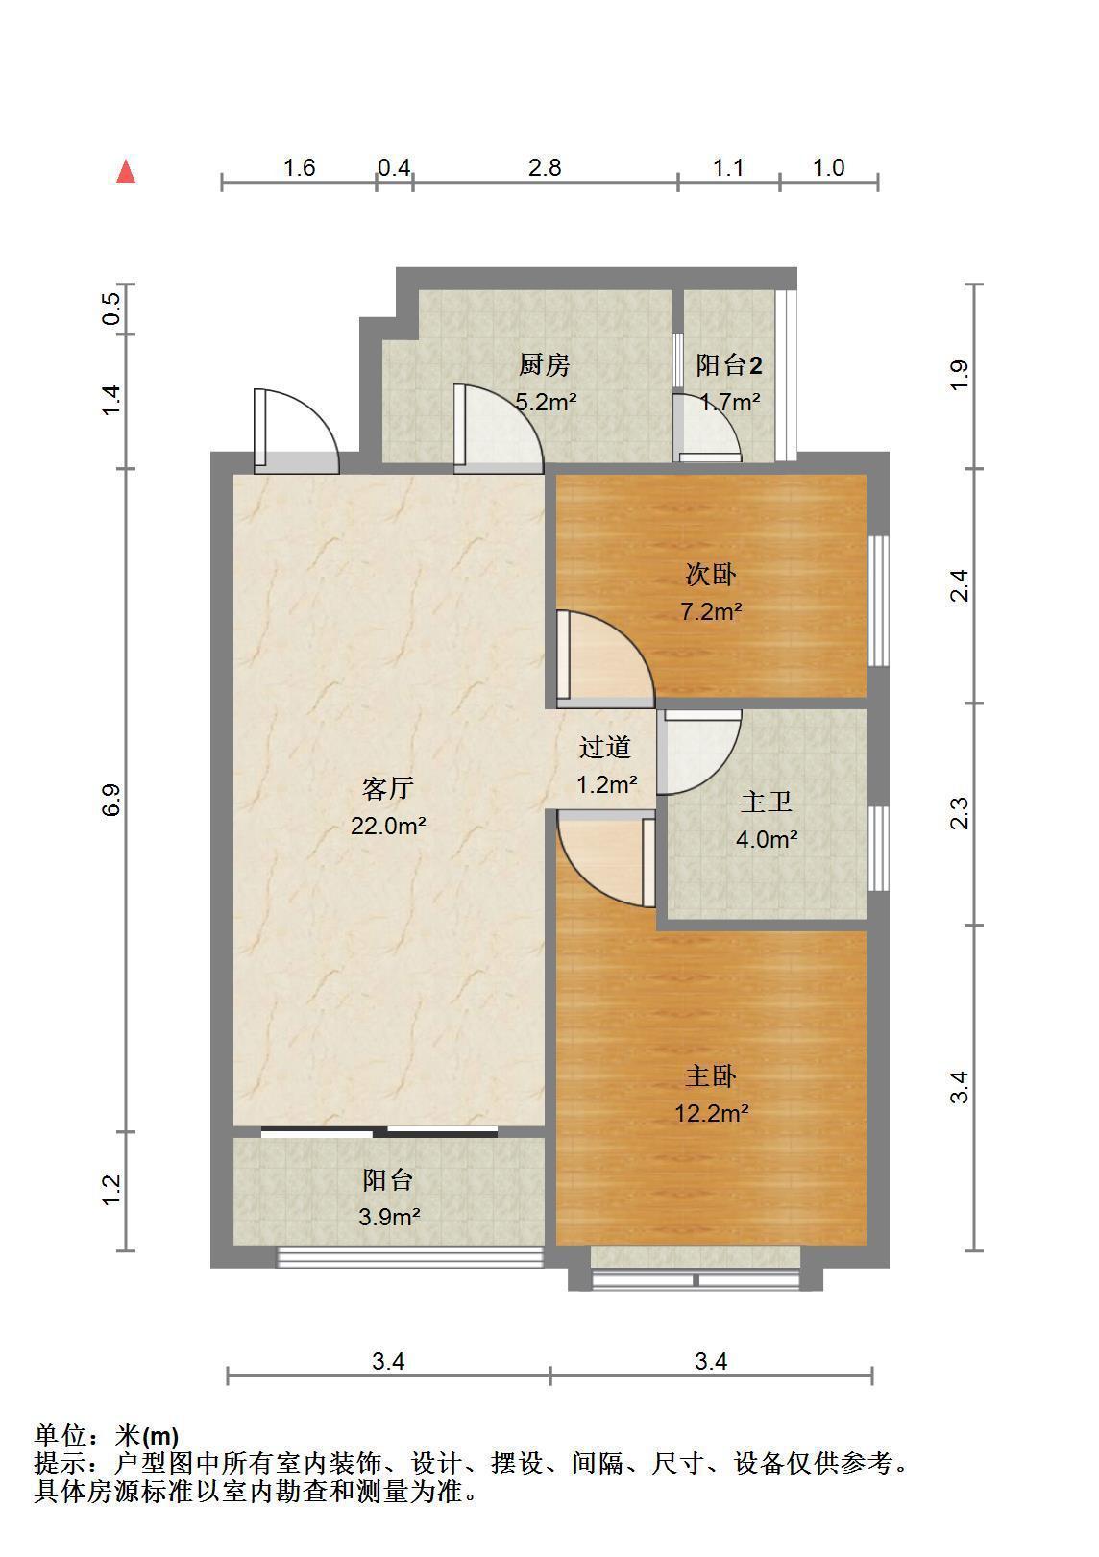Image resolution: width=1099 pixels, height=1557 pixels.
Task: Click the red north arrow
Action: pyautogui.click(x=126, y=172)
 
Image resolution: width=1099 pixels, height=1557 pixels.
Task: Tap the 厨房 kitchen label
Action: pyautogui.click(x=545, y=365)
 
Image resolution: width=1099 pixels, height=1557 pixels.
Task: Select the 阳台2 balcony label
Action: pyautogui.click(x=729, y=365)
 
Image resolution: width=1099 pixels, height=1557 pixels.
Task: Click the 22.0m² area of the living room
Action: pyautogui.click(x=388, y=826)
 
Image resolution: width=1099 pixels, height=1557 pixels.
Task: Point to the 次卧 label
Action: pyautogui.click(x=711, y=575)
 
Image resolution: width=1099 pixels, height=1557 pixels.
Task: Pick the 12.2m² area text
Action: pyautogui.click(x=711, y=1113)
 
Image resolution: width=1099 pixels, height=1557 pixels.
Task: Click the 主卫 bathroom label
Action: pyautogui.click(x=767, y=802)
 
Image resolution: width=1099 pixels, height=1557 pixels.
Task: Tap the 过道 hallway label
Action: pyautogui.click(x=605, y=747)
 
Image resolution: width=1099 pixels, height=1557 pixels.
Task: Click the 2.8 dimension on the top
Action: pyautogui.click(x=545, y=167)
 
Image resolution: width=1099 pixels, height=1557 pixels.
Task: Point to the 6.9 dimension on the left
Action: pyautogui.click(x=111, y=800)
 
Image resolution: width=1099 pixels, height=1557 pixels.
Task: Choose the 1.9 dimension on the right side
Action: pyautogui.click(x=959, y=376)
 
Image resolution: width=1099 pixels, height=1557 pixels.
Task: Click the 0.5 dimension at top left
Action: pyautogui.click(x=111, y=309)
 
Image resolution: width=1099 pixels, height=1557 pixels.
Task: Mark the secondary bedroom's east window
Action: pyautogui.click(x=879, y=601)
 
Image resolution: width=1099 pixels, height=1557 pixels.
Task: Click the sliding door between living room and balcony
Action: pyautogui.click(x=379, y=1131)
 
